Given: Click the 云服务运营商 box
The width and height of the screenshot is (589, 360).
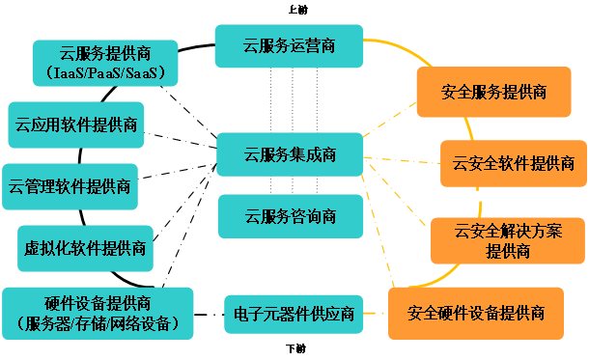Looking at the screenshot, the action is [x=289, y=45].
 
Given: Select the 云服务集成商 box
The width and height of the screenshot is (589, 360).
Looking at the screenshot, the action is [x=290, y=154].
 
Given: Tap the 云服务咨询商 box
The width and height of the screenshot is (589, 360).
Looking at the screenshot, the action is [x=291, y=216].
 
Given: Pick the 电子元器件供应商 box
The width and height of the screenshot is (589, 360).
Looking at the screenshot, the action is [x=294, y=315].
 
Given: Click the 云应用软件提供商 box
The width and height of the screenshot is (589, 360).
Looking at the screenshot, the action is [x=76, y=125].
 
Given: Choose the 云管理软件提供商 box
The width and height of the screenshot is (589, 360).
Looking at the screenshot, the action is [x=70, y=186].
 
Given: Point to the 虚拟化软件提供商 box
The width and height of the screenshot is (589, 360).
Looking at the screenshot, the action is [x=85, y=248].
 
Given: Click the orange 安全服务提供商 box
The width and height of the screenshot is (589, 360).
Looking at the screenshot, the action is [x=494, y=92].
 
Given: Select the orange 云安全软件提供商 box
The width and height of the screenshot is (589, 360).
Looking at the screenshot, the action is [x=514, y=163].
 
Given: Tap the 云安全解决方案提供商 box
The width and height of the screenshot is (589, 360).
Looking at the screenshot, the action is [x=508, y=240].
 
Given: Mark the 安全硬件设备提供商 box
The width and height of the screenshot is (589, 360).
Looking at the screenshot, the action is [x=476, y=314].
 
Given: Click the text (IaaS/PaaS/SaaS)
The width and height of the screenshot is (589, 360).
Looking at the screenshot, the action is [x=105, y=72].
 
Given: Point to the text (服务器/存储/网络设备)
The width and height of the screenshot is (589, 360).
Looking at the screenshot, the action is [x=98, y=323].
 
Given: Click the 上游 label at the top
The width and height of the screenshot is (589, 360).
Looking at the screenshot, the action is [x=298, y=10].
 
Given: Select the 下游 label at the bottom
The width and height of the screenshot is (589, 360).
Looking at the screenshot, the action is [x=296, y=348].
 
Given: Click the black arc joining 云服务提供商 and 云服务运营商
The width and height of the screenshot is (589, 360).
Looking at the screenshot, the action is [x=196, y=47].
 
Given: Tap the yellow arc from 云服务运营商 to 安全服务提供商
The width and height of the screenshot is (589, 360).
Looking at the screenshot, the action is [x=400, y=47].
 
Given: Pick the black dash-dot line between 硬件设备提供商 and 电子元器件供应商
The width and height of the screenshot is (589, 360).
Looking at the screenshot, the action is [x=209, y=315].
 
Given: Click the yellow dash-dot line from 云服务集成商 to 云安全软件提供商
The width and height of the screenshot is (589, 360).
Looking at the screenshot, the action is [x=402, y=160].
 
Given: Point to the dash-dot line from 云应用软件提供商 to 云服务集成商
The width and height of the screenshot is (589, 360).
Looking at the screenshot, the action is [x=181, y=140].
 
